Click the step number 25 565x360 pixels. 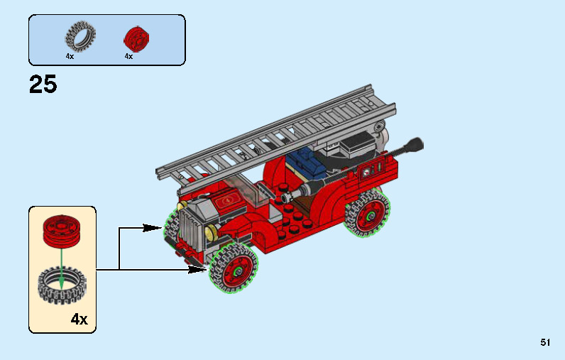43,84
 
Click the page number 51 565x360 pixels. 545,342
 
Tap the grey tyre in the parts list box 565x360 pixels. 80,37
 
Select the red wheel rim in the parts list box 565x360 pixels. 136,39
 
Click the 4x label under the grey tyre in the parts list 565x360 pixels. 70,56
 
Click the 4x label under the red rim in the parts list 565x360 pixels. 128,56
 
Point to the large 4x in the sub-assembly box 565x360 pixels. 79,319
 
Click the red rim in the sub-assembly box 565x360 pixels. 61,231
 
